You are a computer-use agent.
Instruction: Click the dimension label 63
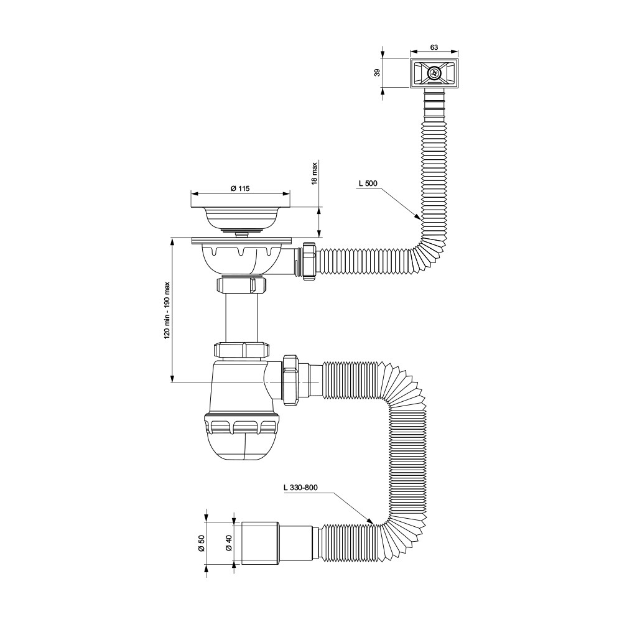[x=434, y=47]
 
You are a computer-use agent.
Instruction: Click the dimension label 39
[x=378, y=73]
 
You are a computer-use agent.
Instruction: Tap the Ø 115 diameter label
[x=240, y=189]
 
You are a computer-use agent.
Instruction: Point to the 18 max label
[x=315, y=173]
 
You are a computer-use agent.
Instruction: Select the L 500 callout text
[x=368, y=183]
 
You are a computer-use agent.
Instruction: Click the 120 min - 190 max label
[x=167, y=310]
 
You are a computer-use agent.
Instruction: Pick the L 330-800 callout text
[x=300, y=488]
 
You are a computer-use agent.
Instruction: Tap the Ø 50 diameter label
[x=201, y=542]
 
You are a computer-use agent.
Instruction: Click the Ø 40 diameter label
[x=228, y=542]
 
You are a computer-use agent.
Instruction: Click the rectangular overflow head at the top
[x=434, y=73]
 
